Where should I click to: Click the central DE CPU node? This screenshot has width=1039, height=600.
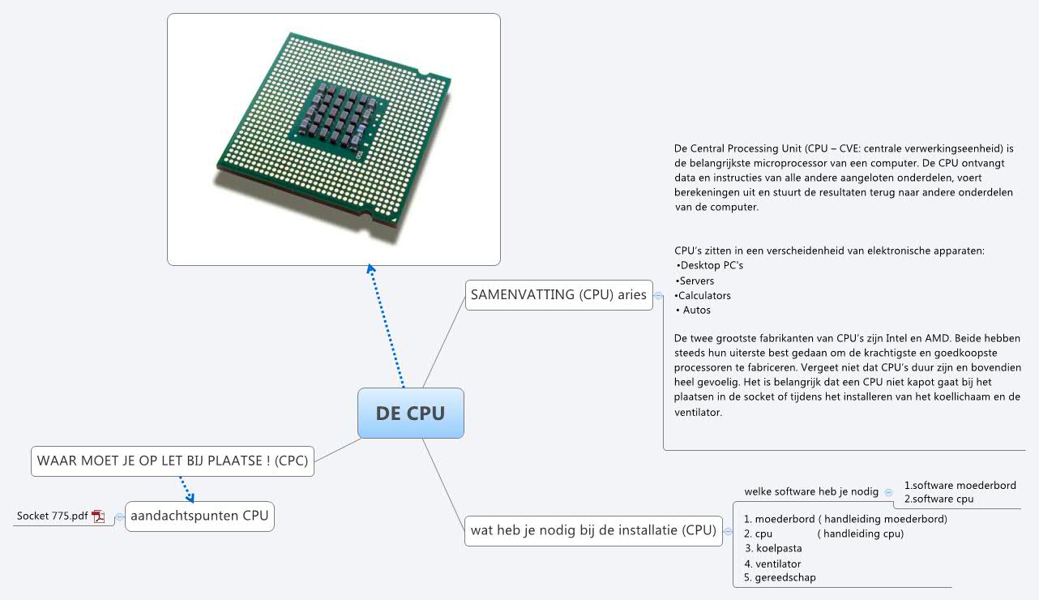(411, 414)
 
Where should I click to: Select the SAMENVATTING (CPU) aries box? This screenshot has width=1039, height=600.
(558, 295)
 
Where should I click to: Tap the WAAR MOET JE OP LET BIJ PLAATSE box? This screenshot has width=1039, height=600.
(172, 461)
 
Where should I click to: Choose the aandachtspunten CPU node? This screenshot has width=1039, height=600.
(199, 516)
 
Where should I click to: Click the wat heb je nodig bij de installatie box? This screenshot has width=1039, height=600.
(593, 531)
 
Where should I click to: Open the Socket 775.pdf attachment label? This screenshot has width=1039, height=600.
(53, 516)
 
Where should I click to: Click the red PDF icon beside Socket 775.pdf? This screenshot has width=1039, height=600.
(99, 516)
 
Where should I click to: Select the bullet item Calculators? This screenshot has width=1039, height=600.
(703, 295)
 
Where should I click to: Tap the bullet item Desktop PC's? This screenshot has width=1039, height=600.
(709, 265)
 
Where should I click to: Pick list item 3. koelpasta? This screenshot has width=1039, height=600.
(773, 549)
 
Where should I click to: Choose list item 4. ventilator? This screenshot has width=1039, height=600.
(773, 564)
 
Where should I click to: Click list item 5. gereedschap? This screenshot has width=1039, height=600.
(780, 578)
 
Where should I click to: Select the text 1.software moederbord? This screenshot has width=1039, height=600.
(960, 486)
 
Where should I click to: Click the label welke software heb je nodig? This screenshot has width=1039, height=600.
(810, 491)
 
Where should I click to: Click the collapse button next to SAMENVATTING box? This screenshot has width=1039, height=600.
(658, 296)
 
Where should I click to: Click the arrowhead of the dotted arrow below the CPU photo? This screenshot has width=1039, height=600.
(370, 269)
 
